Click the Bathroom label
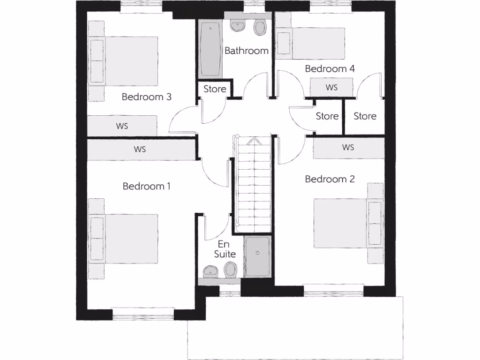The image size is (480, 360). (246, 51)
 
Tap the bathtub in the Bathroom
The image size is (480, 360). (210, 50)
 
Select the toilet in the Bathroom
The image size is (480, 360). (259, 28)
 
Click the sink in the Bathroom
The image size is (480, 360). (239, 25)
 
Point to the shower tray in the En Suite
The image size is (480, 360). (257, 257)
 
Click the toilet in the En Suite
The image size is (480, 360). (230, 270)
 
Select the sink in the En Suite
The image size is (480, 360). (210, 271)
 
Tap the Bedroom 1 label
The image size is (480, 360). (146, 186)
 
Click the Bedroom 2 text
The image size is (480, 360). (330, 179)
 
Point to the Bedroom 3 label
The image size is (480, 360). (146, 97)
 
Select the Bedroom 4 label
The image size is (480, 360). (330, 68)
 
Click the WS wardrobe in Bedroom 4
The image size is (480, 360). (332, 87)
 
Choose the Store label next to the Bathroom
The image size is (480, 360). (215, 89)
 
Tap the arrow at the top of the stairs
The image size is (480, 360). (253, 140)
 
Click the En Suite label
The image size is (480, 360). (225, 249)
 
